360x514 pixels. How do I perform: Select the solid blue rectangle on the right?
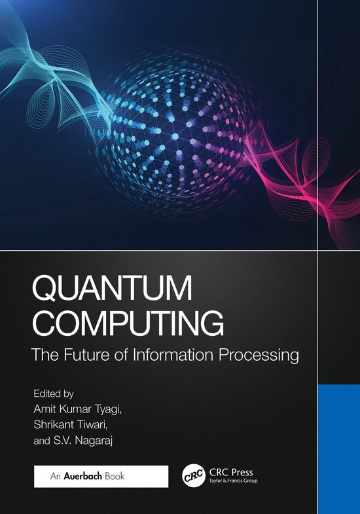tap(338, 449)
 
